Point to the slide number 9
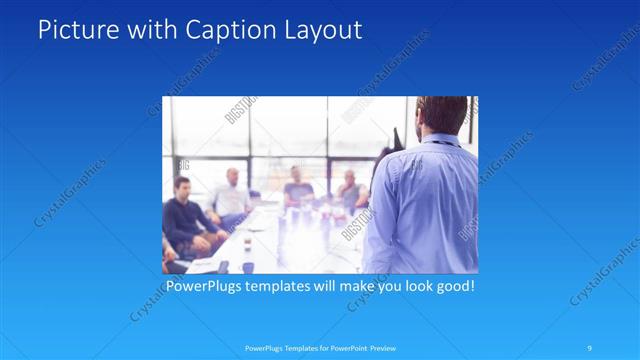pyautogui.click(x=590, y=348)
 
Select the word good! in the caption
pyautogui.click(x=454, y=287)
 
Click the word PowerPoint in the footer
pyautogui.click(x=346, y=348)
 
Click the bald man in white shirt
pyautogui.click(x=231, y=195)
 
